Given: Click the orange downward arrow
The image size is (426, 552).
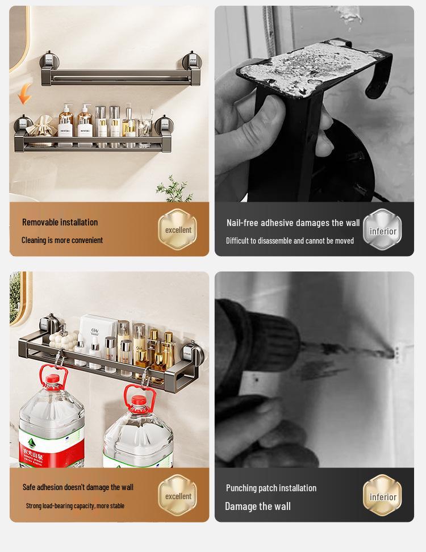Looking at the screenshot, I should tap(24, 94).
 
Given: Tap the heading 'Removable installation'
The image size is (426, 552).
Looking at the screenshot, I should tap(60, 222).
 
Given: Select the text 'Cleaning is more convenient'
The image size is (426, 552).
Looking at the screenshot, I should tap(62, 240).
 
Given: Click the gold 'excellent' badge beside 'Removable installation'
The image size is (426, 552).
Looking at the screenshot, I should tap(178, 230).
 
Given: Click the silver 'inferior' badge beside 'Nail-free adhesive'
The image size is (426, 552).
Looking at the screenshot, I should tap(382, 231).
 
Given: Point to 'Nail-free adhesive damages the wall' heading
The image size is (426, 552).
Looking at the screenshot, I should tap(293, 223).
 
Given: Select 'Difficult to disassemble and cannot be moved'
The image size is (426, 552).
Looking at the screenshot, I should tap(290, 241).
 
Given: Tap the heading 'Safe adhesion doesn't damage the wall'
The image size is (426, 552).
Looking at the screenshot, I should tap(78, 487).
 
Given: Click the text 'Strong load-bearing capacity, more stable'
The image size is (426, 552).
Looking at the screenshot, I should tap(75, 505).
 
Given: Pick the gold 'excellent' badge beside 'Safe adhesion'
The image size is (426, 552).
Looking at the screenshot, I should tap(178, 496).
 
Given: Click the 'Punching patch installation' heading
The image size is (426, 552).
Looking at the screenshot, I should tap(271, 488).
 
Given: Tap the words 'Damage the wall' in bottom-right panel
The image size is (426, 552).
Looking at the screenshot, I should tap(258, 506).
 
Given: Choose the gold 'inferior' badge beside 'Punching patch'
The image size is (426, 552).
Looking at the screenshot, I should tap(382, 496).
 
